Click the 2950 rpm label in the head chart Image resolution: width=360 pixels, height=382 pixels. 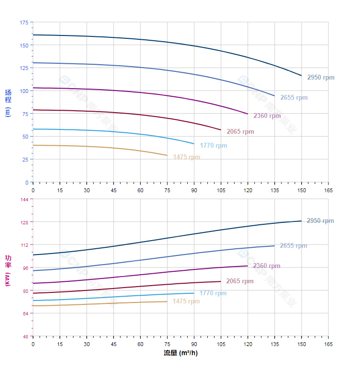(321, 78)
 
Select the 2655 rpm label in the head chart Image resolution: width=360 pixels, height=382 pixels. (294, 98)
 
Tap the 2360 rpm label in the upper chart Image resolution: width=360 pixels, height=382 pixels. (267, 116)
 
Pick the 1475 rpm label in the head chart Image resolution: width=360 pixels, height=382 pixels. (187, 157)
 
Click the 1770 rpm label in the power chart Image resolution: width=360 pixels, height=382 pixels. (213, 293)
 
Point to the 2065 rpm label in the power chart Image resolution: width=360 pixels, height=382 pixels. (240, 281)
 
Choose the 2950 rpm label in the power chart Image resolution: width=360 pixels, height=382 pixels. (320, 221)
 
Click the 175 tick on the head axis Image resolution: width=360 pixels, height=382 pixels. (24, 23)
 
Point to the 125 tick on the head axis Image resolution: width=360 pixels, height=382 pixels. (24, 68)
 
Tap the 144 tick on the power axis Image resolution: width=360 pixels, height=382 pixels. (24, 199)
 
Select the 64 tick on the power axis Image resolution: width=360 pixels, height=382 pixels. (24, 313)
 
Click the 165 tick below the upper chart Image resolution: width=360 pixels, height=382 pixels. (328, 190)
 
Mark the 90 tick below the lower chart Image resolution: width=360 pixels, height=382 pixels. (194, 344)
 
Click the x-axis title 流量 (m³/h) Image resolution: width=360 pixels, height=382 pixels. (180, 353)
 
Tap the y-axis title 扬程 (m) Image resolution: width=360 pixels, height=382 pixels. (8, 103)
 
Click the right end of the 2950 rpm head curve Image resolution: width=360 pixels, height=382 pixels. (302, 76)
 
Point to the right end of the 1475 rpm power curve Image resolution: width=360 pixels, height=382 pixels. (167, 301)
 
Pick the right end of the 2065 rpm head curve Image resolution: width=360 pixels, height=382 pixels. (221, 130)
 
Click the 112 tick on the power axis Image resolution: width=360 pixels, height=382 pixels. (24, 245)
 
